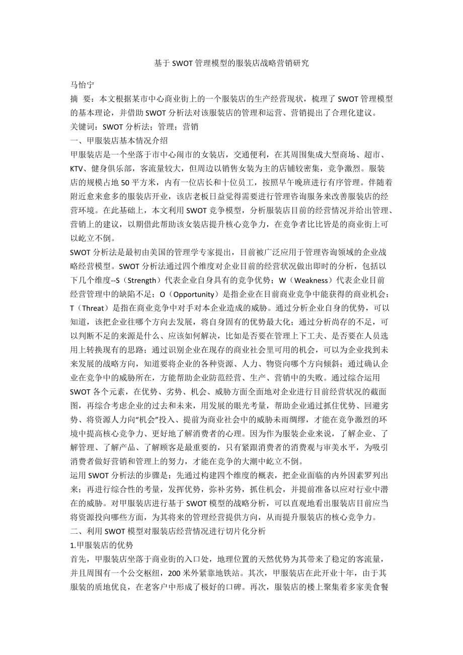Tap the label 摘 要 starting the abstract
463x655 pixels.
tap(82, 99)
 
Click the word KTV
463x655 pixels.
tap(78, 168)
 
